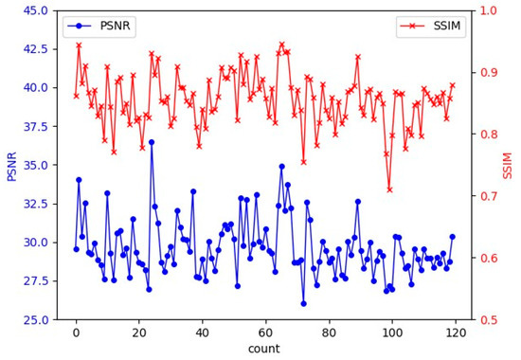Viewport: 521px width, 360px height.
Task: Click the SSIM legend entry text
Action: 439,23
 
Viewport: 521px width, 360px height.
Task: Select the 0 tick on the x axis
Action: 76,332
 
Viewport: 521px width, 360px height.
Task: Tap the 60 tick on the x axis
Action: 264,332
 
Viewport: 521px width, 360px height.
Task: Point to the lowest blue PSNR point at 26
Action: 303,303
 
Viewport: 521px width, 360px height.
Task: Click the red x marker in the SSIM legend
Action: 404,23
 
